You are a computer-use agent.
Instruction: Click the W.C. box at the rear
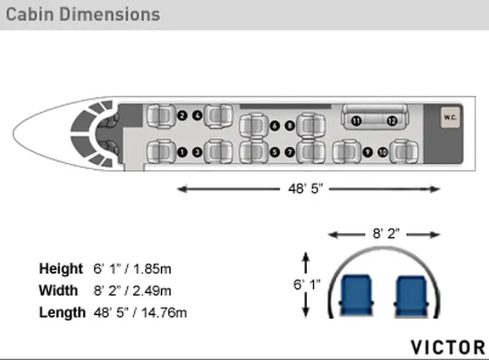(450, 117)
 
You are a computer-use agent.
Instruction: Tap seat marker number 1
(182, 152)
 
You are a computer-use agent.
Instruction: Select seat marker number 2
(182, 115)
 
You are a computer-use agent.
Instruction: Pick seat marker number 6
(275, 125)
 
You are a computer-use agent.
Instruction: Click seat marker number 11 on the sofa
(357, 120)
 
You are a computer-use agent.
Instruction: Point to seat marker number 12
(392, 120)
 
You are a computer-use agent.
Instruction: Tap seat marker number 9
(367, 152)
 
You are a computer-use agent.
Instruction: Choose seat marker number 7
(290, 152)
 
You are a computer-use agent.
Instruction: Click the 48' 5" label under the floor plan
(305, 189)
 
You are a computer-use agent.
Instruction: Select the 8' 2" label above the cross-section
(386, 233)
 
